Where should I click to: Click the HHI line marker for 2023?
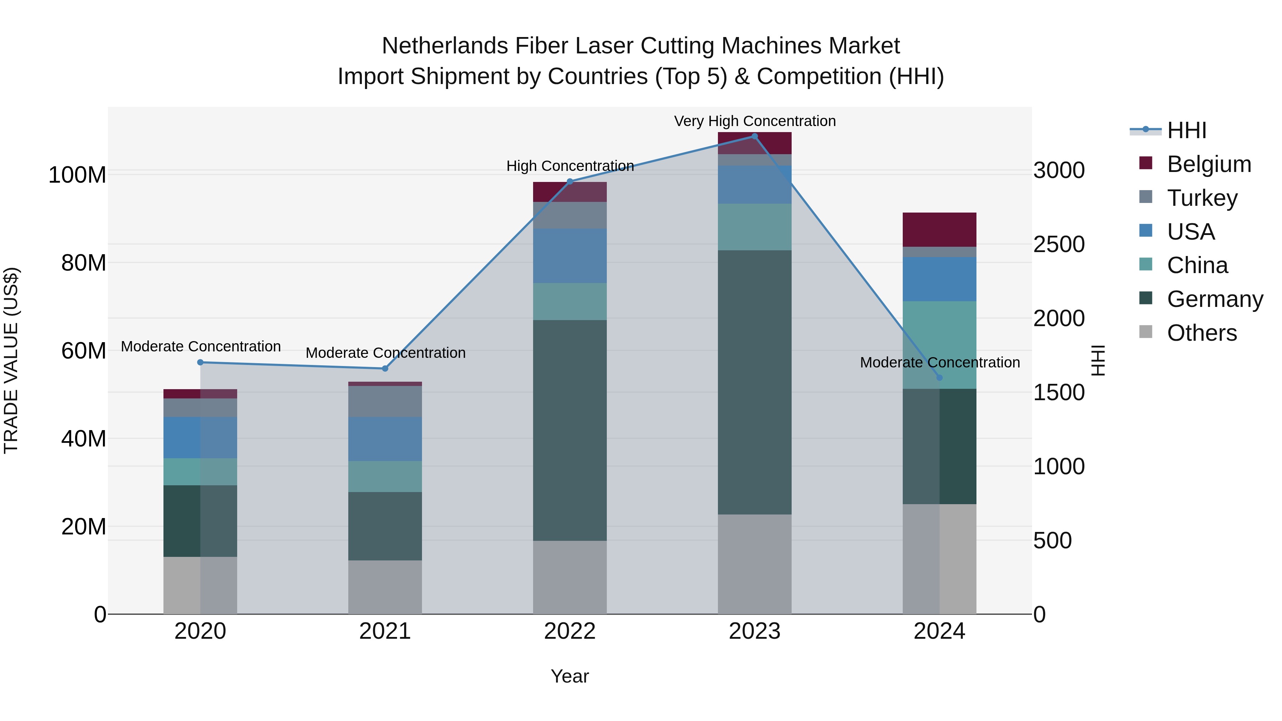click(755, 136)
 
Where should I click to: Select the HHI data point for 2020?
click(200, 362)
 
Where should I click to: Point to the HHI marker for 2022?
click(570, 182)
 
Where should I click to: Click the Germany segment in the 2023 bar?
click(755, 382)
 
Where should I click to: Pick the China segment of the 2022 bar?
click(570, 302)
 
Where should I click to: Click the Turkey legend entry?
click(1202, 198)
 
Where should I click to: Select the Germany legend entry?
click(1214, 299)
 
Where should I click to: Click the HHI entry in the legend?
click(1187, 130)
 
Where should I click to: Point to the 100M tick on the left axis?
click(77, 175)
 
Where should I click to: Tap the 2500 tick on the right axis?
click(1059, 244)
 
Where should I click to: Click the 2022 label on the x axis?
click(570, 631)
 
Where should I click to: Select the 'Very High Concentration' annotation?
click(755, 121)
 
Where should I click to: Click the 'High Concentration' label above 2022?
click(570, 166)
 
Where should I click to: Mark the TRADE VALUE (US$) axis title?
click(11, 360)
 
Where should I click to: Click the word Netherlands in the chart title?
click(445, 46)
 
